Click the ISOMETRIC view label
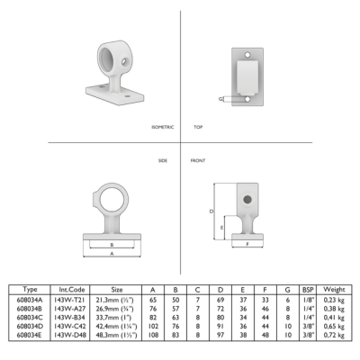pyautogui.click(x=163, y=127)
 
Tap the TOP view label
pyautogui.click(x=198, y=127)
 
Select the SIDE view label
pyautogui.click(x=163, y=161)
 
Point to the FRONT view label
pyautogui.click(x=198, y=161)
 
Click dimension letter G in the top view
pyautogui.click(x=220, y=99)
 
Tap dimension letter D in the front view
pyautogui.click(x=211, y=211)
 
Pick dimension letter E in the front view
pyautogui.click(x=221, y=228)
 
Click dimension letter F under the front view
pyautogui.click(x=247, y=244)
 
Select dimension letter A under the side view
pyautogui.click(x=112, y=254)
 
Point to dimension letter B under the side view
pyautogui.click(x=112, y=245)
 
